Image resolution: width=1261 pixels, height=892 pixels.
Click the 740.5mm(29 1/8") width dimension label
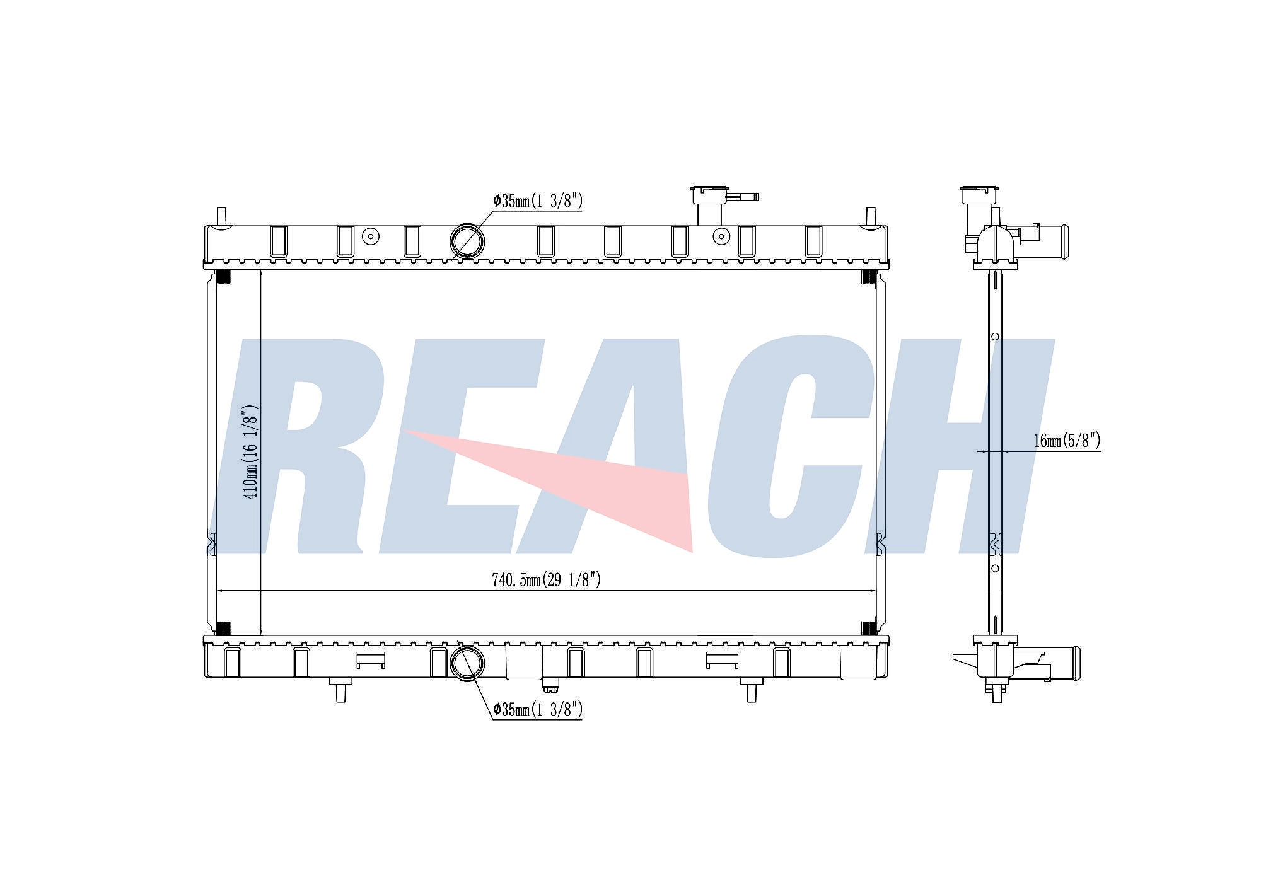point(546,580)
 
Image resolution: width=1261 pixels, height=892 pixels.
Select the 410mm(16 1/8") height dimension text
point(251,451)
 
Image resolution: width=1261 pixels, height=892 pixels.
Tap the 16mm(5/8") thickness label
point(1067,441)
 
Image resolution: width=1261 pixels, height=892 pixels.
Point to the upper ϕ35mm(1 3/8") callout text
point(538,201)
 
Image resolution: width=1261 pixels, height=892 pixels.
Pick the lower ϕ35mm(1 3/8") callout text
point(538,710)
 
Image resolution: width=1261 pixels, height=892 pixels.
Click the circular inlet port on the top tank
point(467,240)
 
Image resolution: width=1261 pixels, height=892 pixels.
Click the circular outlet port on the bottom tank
point(467,663)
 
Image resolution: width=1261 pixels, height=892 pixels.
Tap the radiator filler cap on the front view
point(710,195)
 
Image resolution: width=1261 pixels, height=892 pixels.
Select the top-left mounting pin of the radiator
point(221,216)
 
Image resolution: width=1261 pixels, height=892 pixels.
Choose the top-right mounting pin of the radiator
point(871,216)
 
